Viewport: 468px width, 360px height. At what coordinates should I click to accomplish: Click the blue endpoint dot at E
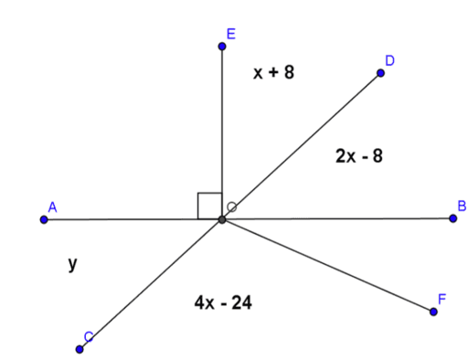(221, 46)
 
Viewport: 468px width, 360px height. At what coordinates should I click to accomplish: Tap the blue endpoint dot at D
(380, 72)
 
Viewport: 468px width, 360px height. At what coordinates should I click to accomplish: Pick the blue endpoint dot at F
(433, 312)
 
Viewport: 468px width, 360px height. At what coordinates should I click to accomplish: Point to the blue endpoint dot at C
(80, 348)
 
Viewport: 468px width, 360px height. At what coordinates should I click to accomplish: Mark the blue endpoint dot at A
(44, 219)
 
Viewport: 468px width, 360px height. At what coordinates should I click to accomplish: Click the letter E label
(230, 34)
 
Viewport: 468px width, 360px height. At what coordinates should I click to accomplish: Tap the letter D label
(389, 60)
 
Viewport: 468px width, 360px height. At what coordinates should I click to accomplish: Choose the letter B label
(462, 206)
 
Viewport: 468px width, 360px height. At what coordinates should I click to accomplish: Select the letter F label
(442, 299)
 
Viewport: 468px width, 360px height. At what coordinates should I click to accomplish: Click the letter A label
(53, 207)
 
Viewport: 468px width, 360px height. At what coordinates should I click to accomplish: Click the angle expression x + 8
(274, 71)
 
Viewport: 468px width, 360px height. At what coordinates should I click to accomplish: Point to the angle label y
(71, 264)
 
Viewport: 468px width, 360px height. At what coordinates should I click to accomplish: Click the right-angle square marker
(209, 206)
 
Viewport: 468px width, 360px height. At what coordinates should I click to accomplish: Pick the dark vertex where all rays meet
(222, 219)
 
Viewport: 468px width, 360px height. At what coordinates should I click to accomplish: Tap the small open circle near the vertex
(232, 207)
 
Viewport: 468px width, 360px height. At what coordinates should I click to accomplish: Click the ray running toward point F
(329, 267)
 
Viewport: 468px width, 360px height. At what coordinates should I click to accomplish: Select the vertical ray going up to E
(221, 128)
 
